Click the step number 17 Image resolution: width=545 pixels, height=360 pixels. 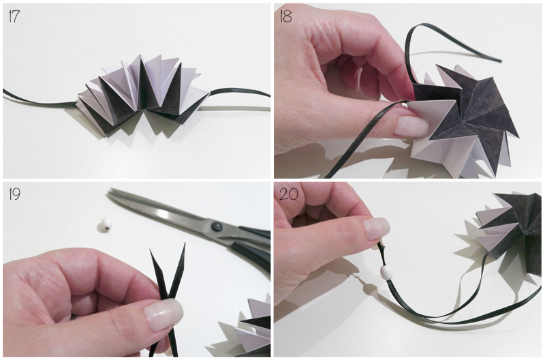14,16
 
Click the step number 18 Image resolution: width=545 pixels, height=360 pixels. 285,16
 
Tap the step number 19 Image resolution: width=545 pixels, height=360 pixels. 14,194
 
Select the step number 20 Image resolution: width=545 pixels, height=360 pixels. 288,194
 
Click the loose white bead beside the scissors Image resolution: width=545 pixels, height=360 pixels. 104,224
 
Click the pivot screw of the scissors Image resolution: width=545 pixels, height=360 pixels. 216,228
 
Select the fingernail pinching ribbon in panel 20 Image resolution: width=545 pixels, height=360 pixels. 377,228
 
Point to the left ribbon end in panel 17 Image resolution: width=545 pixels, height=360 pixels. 4,91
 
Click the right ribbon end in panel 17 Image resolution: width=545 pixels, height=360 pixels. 268,95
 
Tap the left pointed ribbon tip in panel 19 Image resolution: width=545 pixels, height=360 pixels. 150,249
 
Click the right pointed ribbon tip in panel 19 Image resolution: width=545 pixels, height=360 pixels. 185,244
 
